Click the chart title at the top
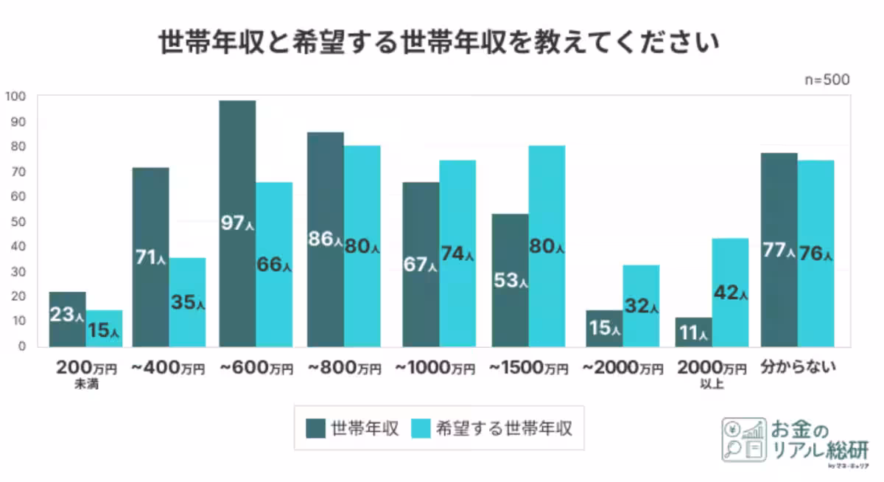(439, 43)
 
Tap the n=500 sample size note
(827, 80)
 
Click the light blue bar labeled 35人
(187, 302)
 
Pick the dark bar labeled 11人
(693, 332)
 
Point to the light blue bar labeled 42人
(730, 292)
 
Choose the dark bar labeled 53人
(511, 280)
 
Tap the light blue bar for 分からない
(816, 254)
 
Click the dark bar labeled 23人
(68, 319)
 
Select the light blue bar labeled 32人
(641, 305)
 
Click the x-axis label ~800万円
(344, 367)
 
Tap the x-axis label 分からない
(798, 366)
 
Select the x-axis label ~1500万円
(528, 367)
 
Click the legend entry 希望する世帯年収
(504, 428)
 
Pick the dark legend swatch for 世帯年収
(316, 428)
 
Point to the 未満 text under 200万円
(85, 383)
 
